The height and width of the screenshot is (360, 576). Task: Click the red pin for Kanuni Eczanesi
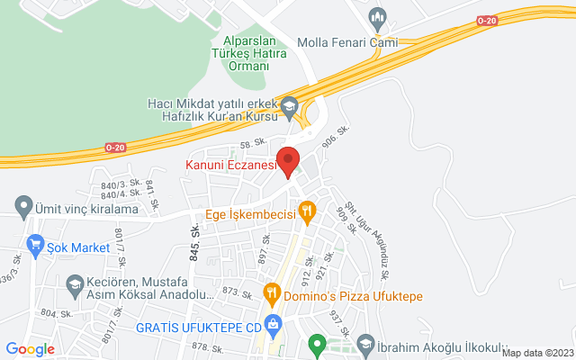click(288, 160)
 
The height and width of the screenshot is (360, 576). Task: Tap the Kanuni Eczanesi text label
click(229, 165)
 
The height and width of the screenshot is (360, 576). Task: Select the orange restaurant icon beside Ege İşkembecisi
click(307, 212)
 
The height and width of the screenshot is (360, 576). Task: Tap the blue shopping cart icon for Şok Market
click(36, 243)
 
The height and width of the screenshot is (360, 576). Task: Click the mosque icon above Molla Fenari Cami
click(378, 17)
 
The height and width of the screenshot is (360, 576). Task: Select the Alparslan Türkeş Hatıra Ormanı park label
click(255, 54)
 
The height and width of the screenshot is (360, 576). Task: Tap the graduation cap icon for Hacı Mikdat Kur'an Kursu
click(289, 106)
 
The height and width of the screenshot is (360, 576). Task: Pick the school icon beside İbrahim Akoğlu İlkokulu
click(365, 343)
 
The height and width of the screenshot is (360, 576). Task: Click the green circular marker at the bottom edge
click(316, 343)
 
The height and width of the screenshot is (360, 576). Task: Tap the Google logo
click(30, 349)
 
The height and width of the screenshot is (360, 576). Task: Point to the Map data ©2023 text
click(536, 353)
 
